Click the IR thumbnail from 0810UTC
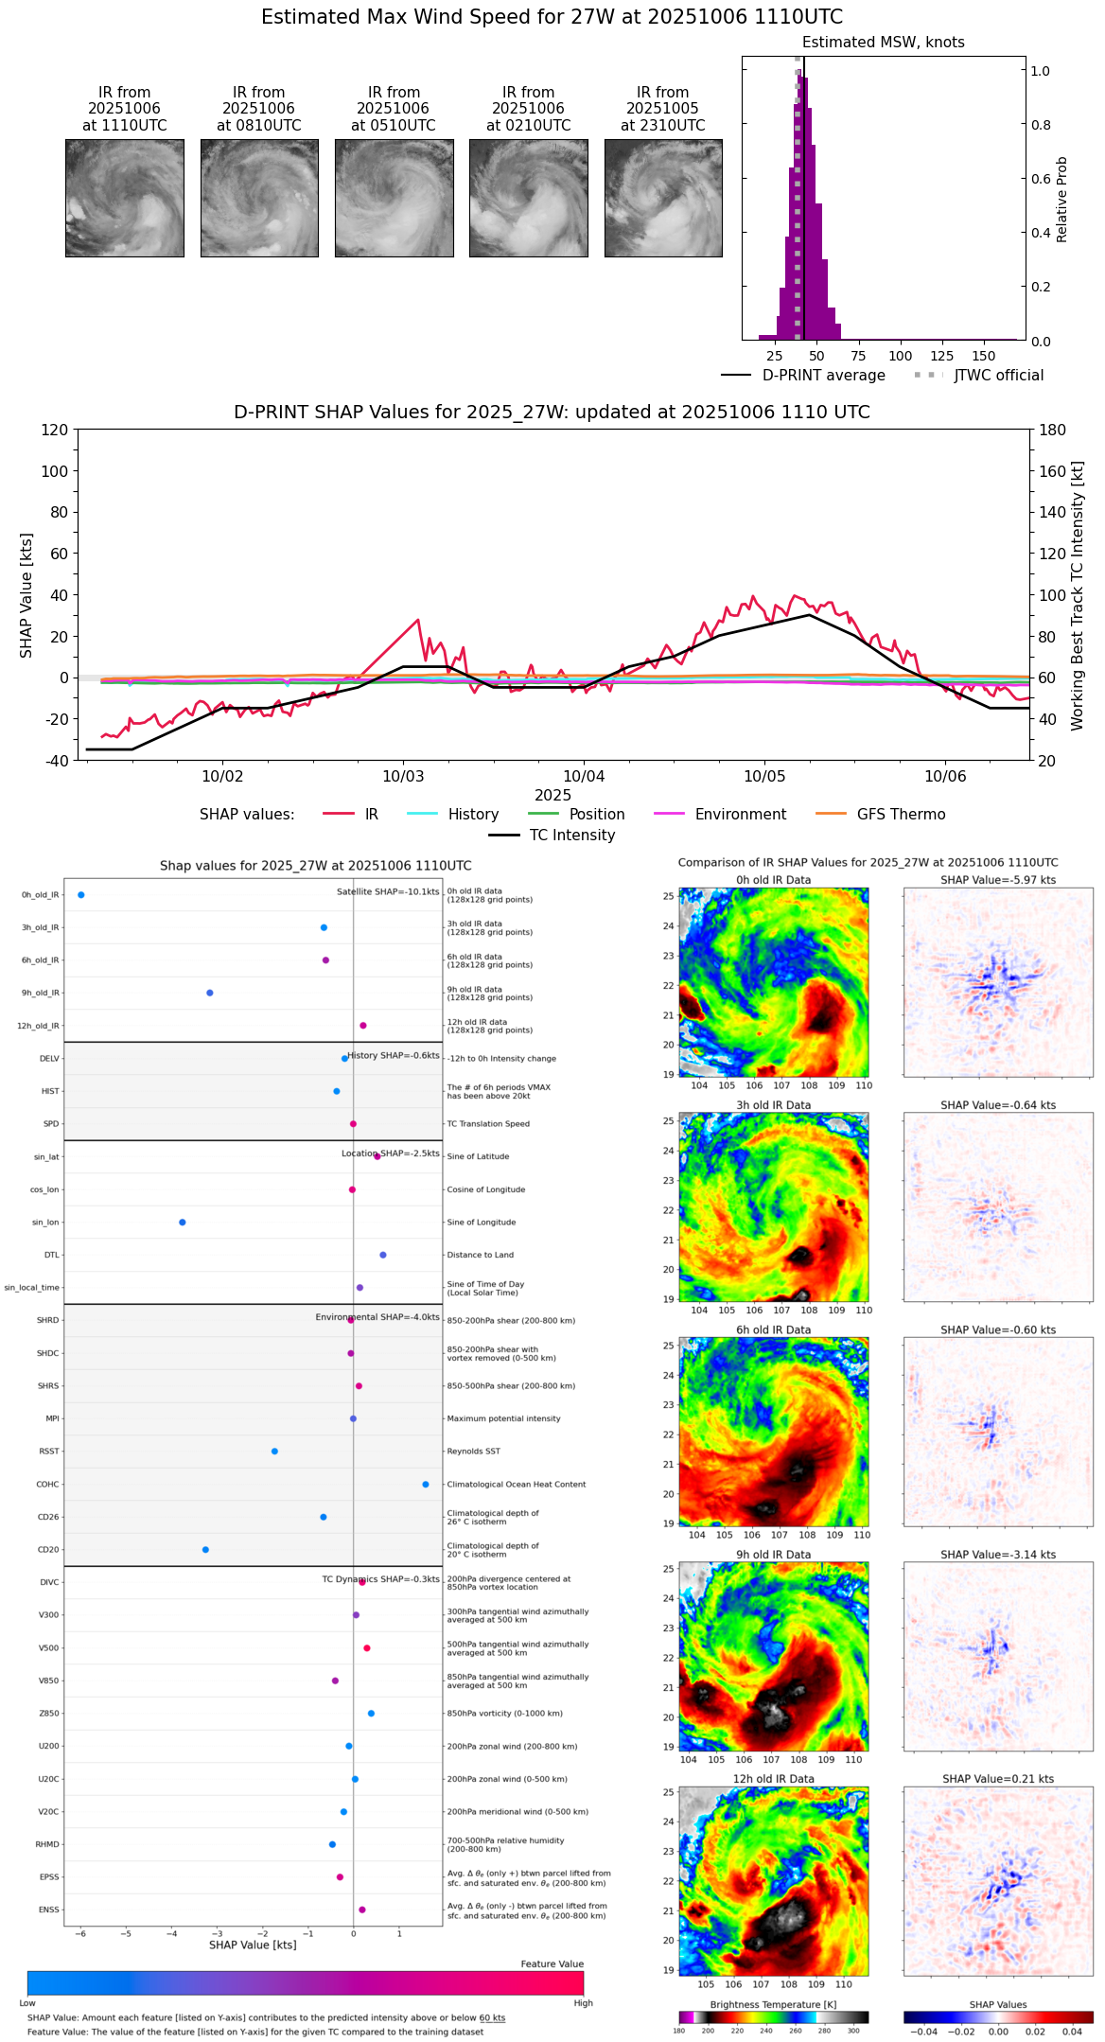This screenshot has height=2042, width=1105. [x=259, y=198]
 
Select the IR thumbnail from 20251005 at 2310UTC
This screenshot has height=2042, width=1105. [x=663, y=198]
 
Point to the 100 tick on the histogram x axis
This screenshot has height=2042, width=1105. [x=901, y=356]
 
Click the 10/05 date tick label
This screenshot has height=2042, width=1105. [x=764, y=777]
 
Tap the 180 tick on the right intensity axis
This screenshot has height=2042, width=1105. [x=1052, y=430]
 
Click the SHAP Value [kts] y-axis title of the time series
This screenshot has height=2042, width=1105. [x=26, y=595]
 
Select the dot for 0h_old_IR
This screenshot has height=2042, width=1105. [x=81, y=895]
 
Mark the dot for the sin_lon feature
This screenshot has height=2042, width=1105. [x=183, y=1223]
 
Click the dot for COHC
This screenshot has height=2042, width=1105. [x=426, y=1485]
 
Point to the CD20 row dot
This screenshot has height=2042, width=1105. [x=205, y=1550]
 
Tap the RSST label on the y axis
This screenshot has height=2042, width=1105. [x=48, y=1452]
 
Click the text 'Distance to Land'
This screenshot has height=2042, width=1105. [x=481, y=1256]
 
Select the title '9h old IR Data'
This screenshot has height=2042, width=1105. [x=773, y=1555]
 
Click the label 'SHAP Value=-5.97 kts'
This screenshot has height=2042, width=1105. [x=998, y=880]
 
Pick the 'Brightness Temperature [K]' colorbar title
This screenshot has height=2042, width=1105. [x=773, y=2005]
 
